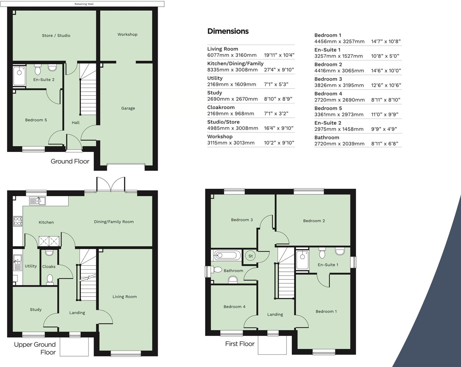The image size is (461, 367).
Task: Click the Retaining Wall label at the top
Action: point(84,4)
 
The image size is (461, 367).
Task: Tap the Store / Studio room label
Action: point(56,35)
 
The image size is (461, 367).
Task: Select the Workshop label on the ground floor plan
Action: point(127,34)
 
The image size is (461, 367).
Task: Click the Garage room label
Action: point(128,108)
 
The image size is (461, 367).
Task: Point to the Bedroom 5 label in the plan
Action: point(36,120)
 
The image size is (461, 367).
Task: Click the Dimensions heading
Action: point(228,31)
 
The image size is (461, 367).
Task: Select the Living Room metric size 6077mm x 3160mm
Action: point(232,55)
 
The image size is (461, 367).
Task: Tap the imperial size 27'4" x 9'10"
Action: point(279,70)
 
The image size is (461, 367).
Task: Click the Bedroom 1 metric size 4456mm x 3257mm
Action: point(339,41)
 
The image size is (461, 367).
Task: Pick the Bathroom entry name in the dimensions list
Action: point(327,138)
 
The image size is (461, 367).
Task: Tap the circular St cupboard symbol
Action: point(251,256)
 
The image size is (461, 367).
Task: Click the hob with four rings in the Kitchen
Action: point(18,221)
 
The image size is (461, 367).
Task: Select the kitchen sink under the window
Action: point(37,201)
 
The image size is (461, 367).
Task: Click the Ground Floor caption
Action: point(70,161)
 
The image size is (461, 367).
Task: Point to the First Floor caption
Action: point(240,344)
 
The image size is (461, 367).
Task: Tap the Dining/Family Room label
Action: point(114,222)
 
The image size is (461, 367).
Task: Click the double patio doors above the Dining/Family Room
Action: point(111,185)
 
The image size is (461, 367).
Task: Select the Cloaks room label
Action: point(49,266)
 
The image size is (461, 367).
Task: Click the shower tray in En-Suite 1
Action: point(302,259)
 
